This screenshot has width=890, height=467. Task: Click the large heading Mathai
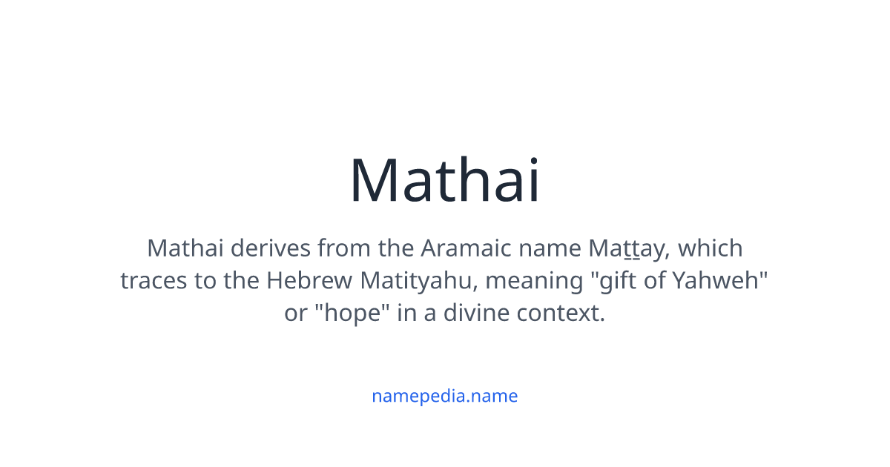tap(444, 180)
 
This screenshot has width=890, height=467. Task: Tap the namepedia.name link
tap(444, 396)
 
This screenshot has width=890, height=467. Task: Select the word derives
tap(270, 248)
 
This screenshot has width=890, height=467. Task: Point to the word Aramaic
tap(466, 248)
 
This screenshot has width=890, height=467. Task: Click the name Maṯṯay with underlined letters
tap(625, 249)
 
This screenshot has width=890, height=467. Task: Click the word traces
tap(154, 281)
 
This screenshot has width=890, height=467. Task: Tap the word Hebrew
tap(309, 280)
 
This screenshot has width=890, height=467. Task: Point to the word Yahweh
tap(716, 280)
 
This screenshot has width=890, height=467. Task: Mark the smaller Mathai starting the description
tap(185, 248)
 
